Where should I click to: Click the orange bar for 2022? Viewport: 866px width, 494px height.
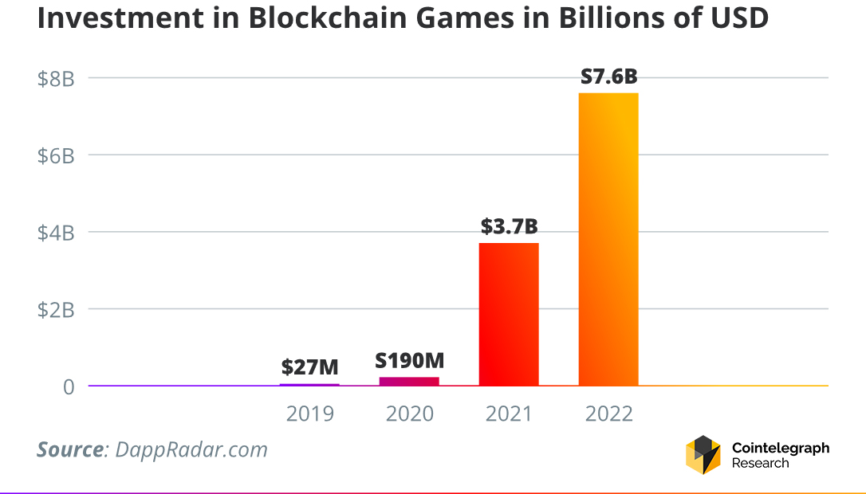[x=608, y=239]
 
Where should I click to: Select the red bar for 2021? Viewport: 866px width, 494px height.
[x=508, y=314]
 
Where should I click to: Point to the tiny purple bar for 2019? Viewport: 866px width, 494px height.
[x=309, y=385]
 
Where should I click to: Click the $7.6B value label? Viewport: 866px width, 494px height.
[x=608, y=77]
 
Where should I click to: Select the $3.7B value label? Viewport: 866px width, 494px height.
[x=509, y=226]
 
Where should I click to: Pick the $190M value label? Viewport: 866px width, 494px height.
[x=408, y=360]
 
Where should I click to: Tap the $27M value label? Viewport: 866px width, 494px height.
[x=309, y=367]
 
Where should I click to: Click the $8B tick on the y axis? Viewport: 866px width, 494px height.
[x=56, y=79]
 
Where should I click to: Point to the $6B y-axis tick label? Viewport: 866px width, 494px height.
[x=56, y=156]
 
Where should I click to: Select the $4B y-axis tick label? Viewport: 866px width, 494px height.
[x=56, y=233]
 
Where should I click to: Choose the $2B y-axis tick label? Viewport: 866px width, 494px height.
[x=56, y=310]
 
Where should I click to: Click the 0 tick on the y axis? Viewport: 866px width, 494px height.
[x=68, y=387]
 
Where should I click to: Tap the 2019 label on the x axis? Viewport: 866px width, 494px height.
[x=310, y=414]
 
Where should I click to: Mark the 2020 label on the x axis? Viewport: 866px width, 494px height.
[x=410, y=414]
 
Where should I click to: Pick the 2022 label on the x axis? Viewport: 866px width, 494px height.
[x=608, y=414]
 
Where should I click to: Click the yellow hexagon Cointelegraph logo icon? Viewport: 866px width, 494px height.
[x=703, y=455]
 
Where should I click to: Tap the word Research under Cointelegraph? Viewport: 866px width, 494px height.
[x=760, y=463]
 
